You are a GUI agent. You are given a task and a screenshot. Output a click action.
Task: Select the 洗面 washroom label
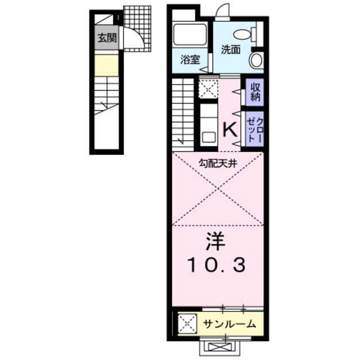[231, 49]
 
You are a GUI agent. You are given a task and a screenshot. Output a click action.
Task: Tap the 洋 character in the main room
[215, 242]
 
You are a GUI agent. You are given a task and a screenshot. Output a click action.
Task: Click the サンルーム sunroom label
[229, 324]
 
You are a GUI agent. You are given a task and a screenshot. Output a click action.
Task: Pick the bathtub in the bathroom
[190, 35]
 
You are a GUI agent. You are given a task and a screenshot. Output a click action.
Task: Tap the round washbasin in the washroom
[256, 60]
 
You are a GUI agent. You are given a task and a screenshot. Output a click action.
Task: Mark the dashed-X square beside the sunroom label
[187, 324]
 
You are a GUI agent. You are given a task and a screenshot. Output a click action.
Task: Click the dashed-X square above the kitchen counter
[208, 88]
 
